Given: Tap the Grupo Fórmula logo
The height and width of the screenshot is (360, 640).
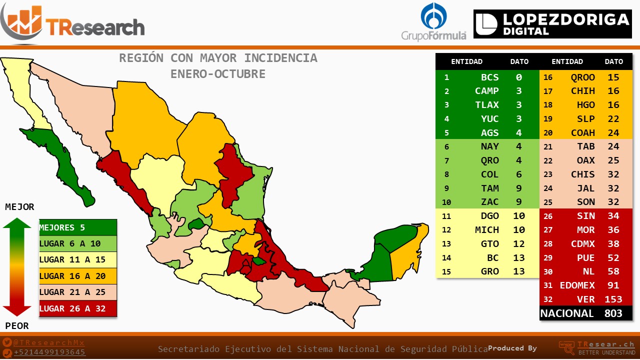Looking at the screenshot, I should pyautogui.click(x=433, y=22).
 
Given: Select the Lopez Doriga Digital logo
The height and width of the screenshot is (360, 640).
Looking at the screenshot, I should pyautogui.click(x=552, y=24).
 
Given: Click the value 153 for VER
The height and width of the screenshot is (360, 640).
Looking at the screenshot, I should pyautogui.click(x=613, y=299).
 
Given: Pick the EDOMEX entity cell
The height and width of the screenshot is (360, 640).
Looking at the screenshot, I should pyautogui.click(x=577, y=285).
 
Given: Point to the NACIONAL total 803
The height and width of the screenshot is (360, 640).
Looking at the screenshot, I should pyautogui.click(x=613, y=313).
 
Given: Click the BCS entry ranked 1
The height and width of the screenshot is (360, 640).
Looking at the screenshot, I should pyautogui.click(x=489, y=77).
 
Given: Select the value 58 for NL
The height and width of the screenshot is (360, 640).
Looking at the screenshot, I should pyautogui.click(x=613, y=271).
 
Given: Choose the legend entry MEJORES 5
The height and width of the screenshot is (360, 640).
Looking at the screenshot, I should pyautogui.click(x=77, y=227).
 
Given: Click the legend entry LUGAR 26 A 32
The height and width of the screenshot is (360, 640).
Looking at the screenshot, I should pyautogui.click(x=77, y=308).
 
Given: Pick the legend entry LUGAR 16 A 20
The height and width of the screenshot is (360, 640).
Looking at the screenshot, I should pyautogui.click(x=77, y=276).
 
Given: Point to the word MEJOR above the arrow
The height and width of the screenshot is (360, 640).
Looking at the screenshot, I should pyautogui.click(x=19, y=207).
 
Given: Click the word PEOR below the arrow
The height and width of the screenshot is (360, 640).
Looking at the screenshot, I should pyautogui.click(x=17, y=326).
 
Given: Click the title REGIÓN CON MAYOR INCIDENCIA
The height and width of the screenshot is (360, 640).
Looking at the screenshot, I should pyautogui.click(x=218, y=58).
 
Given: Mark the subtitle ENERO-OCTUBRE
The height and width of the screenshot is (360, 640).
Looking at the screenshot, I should pyautogui.click(x=218, y=74).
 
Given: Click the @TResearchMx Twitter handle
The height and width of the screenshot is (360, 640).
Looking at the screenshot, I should pyautogui.click(x=49, y=342).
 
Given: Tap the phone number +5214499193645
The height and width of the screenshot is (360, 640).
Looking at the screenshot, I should pyautogui.click(x=49, y=352).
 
